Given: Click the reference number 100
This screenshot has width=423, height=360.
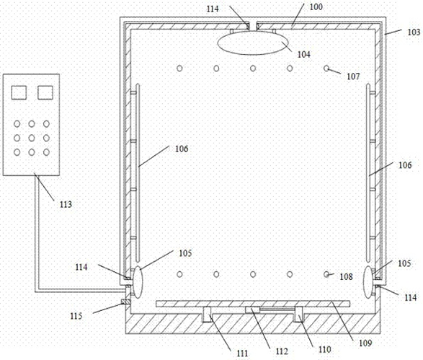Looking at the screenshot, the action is (316, 6).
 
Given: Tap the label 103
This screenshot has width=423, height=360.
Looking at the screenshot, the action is (414, 32).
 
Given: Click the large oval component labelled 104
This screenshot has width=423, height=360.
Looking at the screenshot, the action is (253, 43).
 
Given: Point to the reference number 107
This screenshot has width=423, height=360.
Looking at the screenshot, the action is (353, 76).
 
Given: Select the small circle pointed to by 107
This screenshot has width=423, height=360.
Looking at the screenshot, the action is (326, 69).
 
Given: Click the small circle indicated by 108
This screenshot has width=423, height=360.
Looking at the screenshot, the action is (326, 274).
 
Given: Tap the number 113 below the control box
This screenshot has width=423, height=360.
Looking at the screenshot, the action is (66, 204).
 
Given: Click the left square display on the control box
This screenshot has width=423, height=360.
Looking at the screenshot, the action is (19, 92).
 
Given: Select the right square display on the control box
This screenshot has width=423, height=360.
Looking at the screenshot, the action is (45, 92).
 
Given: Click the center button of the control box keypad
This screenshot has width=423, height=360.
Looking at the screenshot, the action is (32, 138).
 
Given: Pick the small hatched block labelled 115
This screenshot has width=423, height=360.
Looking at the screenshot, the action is (125, 302).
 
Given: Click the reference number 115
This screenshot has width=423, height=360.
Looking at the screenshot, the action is (76, 316).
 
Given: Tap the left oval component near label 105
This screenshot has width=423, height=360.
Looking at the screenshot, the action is (138, 281).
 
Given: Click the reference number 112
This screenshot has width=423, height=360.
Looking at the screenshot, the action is (282, 351).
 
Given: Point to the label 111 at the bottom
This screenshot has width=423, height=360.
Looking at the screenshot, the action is (242, 354).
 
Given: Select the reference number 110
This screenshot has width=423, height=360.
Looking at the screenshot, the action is (324, 349).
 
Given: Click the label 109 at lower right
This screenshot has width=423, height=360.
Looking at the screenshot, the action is (365, 343).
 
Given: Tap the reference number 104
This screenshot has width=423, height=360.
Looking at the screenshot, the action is (304, 54).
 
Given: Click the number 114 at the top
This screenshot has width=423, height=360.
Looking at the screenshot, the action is (213, 9).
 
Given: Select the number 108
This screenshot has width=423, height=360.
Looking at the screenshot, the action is (346, 276).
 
